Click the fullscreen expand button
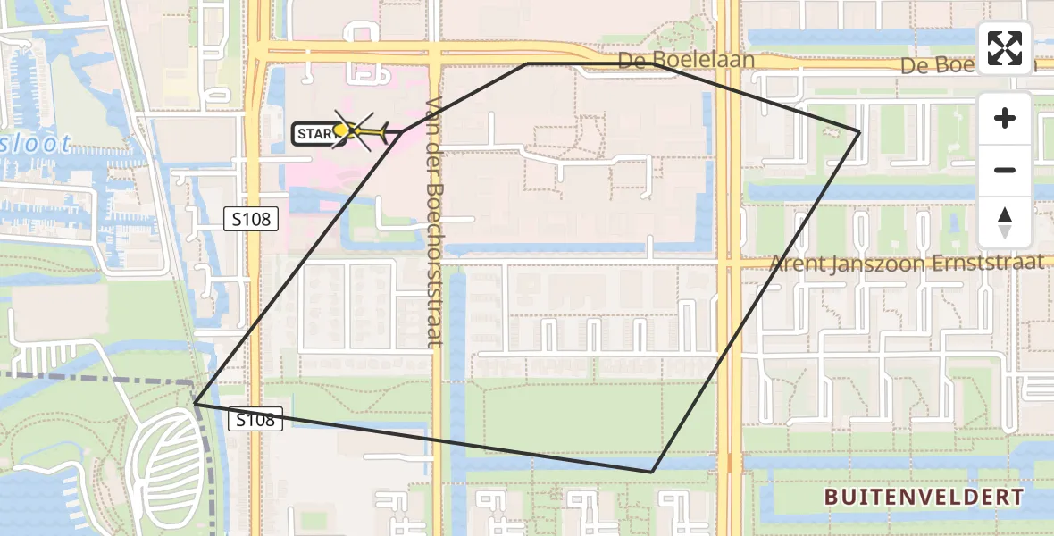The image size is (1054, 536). pos(1005,48)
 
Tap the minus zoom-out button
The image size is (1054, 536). pos(1005,170)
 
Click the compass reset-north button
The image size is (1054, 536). pos(1005,222)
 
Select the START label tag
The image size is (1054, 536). pos(316,134)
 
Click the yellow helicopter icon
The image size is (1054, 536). pos(361,132)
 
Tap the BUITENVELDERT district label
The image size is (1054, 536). pos(924,497)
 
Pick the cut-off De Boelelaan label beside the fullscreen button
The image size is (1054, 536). pos(938,66)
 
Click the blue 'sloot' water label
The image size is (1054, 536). pos(36,143)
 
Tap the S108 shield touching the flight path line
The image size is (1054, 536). pos(255,419)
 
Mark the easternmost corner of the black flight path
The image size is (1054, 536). pos(859,131)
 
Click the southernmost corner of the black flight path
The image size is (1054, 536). pos(653,471)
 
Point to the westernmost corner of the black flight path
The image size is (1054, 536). pos(194,404)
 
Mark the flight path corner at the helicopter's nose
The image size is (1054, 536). pos(403,131)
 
